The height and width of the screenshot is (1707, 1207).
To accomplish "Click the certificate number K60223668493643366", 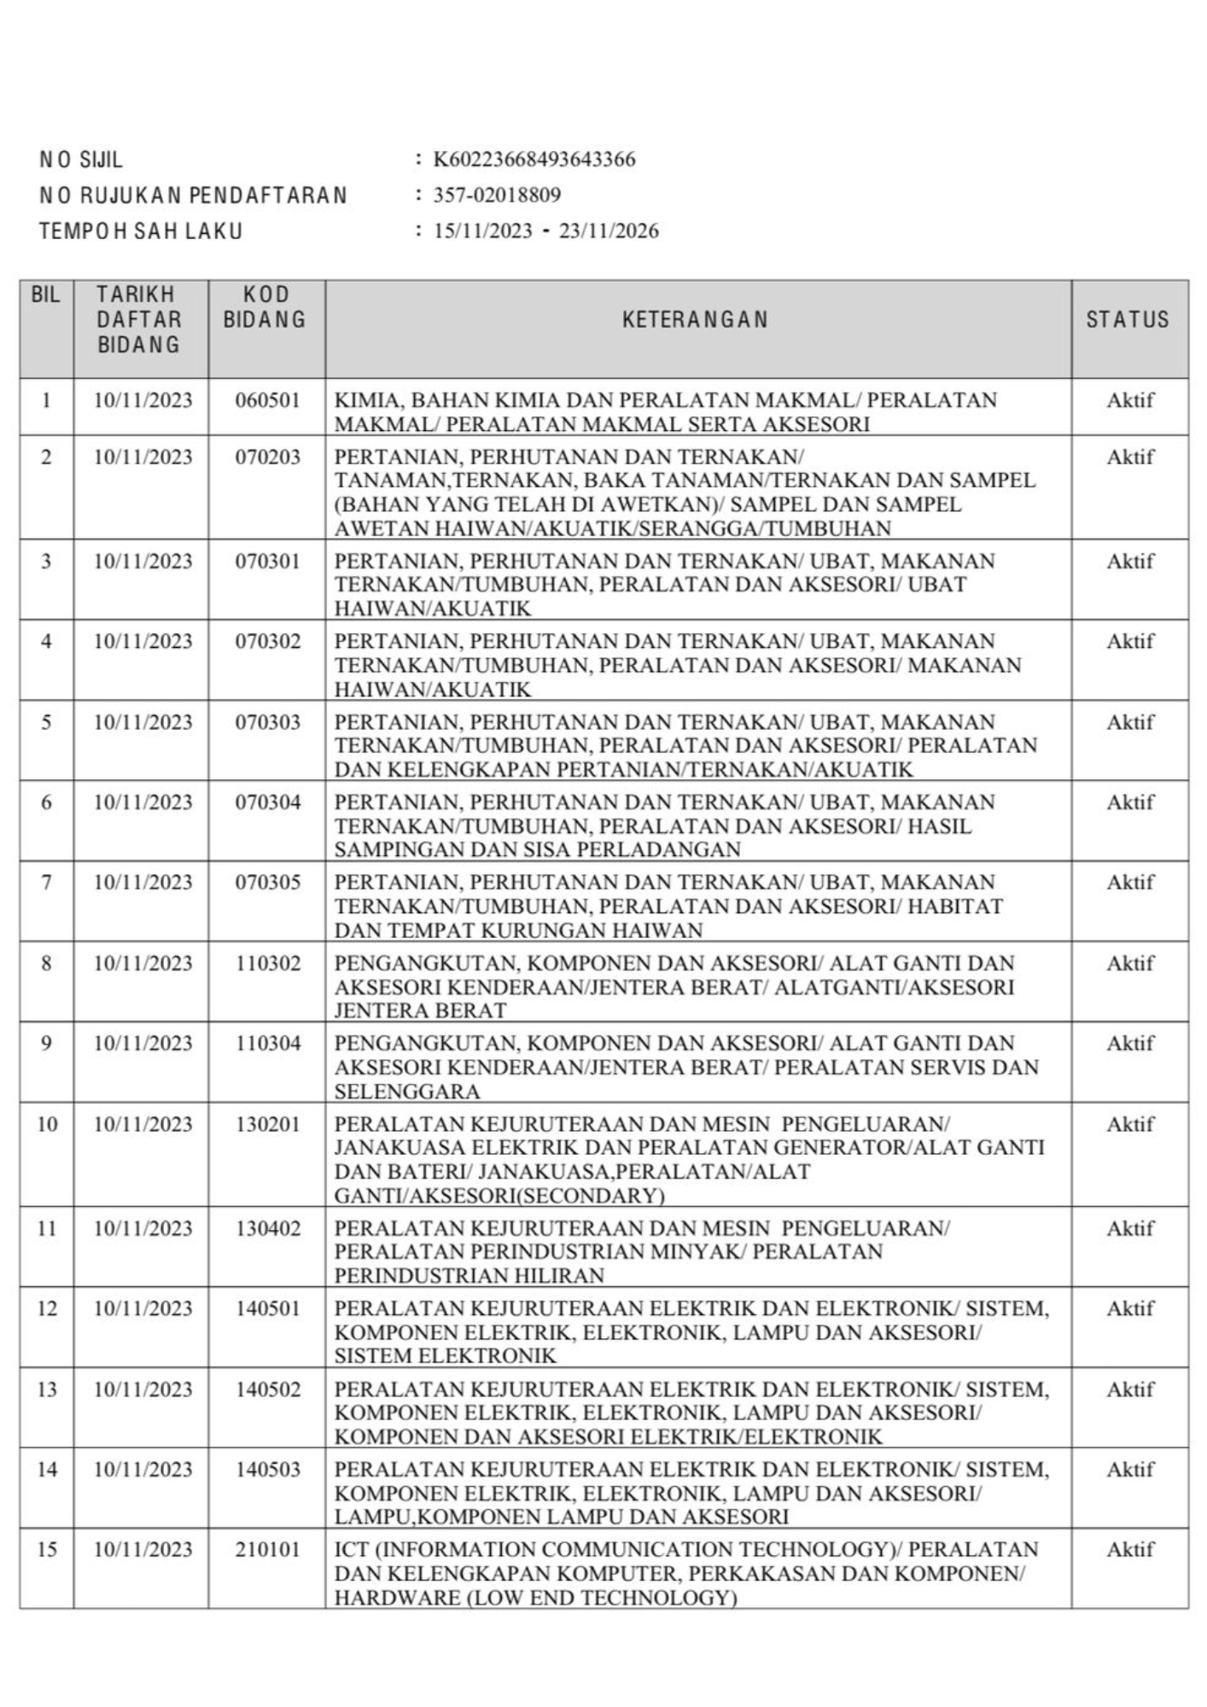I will [534, 160].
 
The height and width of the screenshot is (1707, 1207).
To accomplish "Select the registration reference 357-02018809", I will [497, 195].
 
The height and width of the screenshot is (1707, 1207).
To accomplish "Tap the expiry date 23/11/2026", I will [609, 231].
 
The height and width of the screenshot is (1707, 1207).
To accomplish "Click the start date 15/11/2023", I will [482, 231].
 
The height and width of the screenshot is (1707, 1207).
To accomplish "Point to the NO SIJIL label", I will [81, 160].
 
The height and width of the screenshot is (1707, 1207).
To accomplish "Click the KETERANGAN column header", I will [696, 320].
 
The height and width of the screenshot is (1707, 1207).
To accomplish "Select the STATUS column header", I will [1128, 320].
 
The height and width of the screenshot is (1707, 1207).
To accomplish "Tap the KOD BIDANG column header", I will [265, 308].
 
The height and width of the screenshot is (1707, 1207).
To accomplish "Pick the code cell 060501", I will [268, 400].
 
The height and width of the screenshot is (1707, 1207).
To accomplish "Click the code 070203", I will [268, 457].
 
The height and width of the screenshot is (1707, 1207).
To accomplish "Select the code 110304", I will [268, 1044].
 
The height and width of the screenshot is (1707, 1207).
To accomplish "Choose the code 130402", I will [268, 1229].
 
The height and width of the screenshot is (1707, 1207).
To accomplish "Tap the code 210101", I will [268, 1550].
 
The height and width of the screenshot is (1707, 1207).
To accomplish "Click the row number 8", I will [46, 964].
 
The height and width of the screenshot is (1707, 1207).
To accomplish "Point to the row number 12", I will [47, 1309].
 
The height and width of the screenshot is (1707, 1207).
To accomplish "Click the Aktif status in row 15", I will [1130, 1550].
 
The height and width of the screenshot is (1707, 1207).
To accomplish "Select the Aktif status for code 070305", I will [1130, 883].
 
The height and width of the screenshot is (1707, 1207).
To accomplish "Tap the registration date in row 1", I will [143, 400].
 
